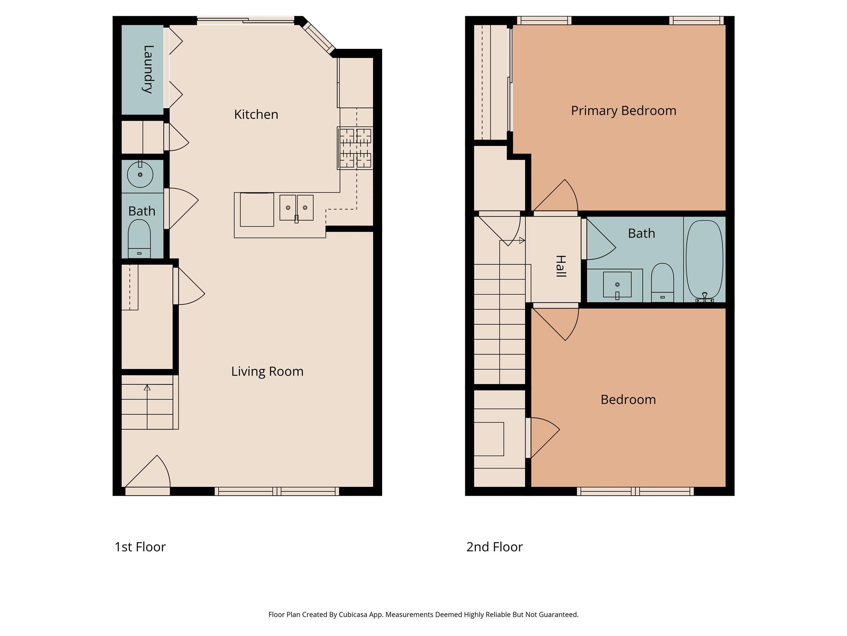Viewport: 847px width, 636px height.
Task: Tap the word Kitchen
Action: [256, 114]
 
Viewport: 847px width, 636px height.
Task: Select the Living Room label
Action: [267, 371]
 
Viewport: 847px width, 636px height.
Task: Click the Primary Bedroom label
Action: [623, 111]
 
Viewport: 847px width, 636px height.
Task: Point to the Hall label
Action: [560, 266]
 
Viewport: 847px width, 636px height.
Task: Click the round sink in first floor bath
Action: [140, 175]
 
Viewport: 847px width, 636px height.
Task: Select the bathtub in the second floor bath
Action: [704, 260]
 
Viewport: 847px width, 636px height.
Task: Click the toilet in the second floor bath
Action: [662, 283]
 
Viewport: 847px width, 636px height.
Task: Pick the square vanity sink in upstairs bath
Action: [617, 284]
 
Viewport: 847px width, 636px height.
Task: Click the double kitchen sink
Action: [296, 208]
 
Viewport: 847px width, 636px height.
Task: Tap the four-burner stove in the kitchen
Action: [355, 148]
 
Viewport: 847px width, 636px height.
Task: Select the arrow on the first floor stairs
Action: [147, 388]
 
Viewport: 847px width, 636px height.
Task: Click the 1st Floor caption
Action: [140, 547]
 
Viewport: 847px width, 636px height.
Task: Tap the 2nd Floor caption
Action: [494, 547]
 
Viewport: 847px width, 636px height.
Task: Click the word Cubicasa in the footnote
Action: [354, 614]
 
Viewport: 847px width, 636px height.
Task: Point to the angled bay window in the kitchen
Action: [319, 37]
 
